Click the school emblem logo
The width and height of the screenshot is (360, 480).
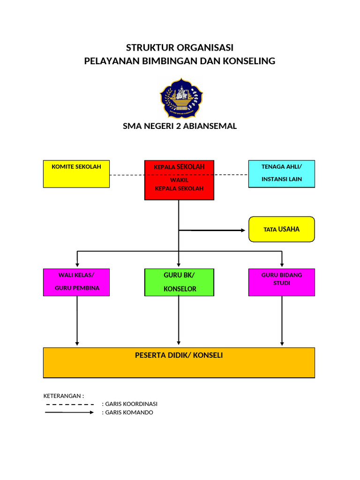pos(181,98)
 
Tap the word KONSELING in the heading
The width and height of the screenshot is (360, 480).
pos(250,61)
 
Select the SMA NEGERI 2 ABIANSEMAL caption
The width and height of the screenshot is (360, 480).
pos(180,126)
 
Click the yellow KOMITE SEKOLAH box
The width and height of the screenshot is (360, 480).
pos(76,174)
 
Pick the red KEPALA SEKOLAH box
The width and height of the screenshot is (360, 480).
pos(179,180)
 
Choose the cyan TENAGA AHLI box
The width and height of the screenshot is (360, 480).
pos(281,173)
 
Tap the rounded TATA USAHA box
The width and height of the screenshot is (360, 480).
pos(281,229)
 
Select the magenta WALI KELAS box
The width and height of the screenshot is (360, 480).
pos(76,282)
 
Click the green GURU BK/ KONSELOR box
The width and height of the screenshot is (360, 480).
pos(179,282)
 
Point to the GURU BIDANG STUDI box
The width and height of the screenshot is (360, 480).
pos(281,282)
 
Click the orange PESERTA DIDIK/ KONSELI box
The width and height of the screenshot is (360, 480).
pos(179,362)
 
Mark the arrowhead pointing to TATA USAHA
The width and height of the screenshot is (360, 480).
pos(243,230)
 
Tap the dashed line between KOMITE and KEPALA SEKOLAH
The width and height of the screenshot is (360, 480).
pos(127,175)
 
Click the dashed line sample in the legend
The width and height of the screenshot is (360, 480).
pos(70,404)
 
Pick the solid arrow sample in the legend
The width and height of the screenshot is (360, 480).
pos(70,412)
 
